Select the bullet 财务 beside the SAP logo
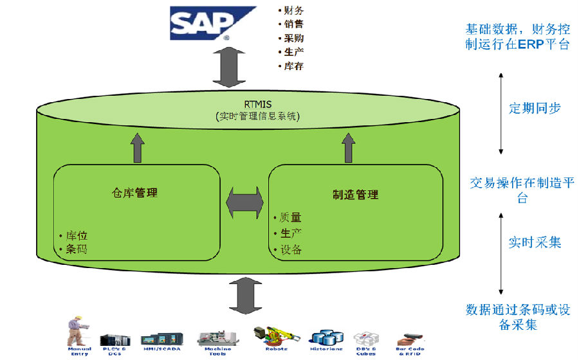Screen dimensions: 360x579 (293, 10)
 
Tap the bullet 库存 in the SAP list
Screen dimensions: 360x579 (293, 66)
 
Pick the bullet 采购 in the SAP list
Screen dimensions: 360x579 (293, 38)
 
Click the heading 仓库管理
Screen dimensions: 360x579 (134, 192)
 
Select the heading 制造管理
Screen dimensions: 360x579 (355, 194)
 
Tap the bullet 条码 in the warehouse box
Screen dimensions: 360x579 (76, 249)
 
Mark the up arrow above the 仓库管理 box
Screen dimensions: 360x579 (137, 148)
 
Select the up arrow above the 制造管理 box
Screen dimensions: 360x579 (348, 147)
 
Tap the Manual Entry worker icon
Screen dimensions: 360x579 (78, 331)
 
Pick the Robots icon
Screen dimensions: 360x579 (275, 334)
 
